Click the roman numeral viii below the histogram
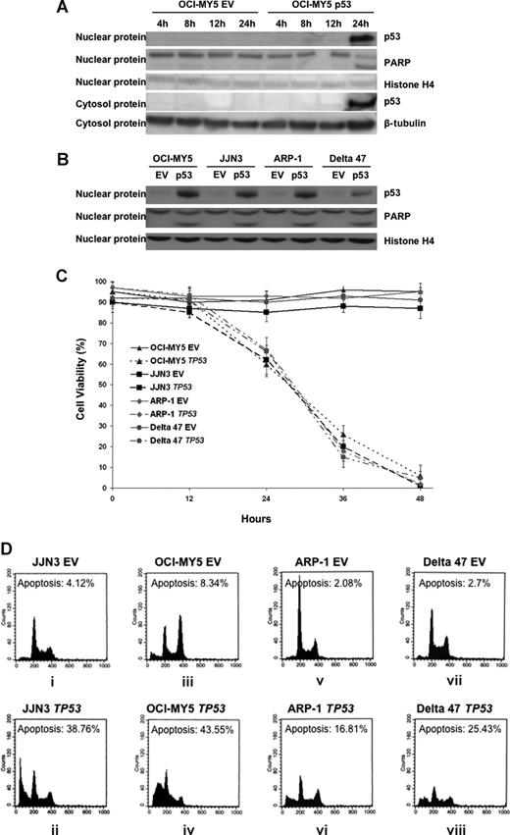(461, 828)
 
